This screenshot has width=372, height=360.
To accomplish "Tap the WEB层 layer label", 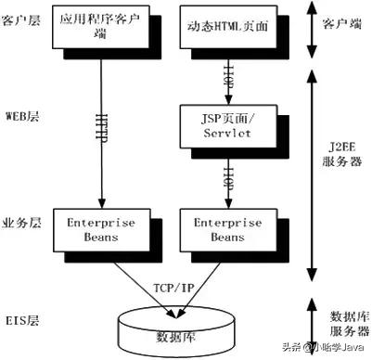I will pos(24,117).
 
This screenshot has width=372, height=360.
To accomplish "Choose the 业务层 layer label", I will pos(24,222).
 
